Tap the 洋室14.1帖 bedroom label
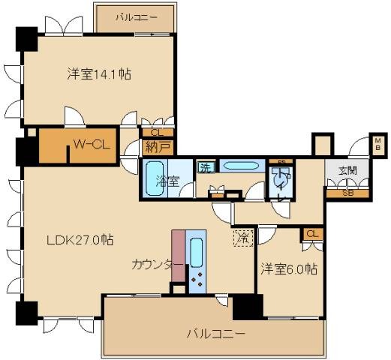(99, 73)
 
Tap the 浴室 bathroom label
(167, 181)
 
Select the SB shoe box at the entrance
(347, 193)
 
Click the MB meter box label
(377, 142)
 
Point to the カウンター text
(156, 265)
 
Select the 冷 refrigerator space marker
(242, 238)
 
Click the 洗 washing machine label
(205, 168)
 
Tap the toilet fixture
(278, 181)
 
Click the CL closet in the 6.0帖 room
(312, 235)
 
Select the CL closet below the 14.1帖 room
(156, 132)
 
